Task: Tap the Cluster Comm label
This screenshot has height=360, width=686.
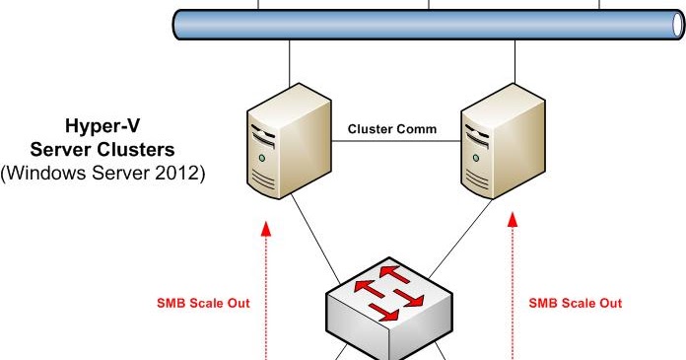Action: tap(392, 129)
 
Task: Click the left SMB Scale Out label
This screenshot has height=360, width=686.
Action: tap(204, 303)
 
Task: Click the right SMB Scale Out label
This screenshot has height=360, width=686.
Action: tap(576, 303)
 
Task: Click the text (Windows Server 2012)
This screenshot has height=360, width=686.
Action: tap(103, 172)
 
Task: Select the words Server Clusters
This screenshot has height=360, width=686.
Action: tap(103, 151)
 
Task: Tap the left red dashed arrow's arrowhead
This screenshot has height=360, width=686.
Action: tap(265, 231)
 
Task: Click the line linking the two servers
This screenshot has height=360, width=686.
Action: tap(392, 143)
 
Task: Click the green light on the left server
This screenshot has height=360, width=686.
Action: tap(262, 157)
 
